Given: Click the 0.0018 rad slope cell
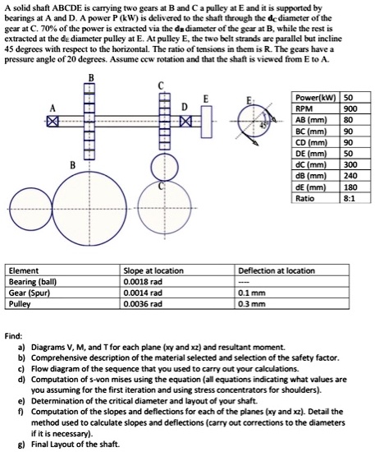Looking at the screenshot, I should pyautogui.click(x=140, y=280).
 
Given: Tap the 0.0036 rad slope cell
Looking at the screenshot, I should pyautogui.click(x=140, y=302).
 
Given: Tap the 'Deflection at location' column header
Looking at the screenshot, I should pyautogui.click(x=276, y=270).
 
